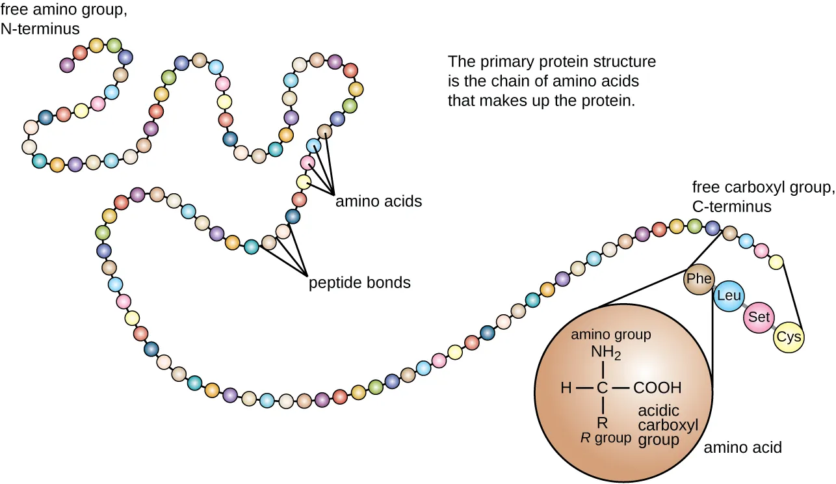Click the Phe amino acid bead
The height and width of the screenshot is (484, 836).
coord(699,279)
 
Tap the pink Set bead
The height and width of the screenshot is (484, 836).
coord(759,317)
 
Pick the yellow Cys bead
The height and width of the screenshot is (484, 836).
coord(789,338)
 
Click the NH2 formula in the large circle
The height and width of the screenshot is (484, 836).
coord(606,353)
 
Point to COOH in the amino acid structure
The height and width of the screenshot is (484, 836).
coord(657,388)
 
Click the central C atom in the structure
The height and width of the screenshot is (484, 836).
coord(602,388)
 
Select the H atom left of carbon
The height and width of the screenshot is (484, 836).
coord(566,388)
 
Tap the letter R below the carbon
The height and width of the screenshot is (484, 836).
coord(602,421)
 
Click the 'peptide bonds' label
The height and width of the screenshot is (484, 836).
coord(359,283)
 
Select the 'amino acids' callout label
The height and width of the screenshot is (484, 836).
coord(378,202)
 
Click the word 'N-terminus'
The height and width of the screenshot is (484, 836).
coord(40,29)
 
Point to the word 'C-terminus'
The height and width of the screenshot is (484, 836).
coord(731,207)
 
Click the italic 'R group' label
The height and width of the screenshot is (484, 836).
coord(605,438)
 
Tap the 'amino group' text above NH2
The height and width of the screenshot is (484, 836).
coord(610,335)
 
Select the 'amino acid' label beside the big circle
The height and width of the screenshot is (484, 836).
coord(743,448)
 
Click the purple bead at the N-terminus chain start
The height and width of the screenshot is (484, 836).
coord(66,64)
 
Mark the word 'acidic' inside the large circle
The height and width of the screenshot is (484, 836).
coord(659,411)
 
